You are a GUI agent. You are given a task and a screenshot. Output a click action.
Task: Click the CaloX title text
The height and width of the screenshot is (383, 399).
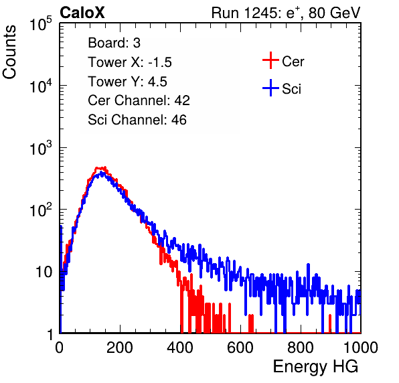pos(82,13)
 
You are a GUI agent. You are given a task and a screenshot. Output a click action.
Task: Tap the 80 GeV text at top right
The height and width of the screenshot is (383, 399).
pos(335,13)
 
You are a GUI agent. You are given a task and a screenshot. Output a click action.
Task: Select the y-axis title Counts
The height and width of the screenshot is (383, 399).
pos(9,52)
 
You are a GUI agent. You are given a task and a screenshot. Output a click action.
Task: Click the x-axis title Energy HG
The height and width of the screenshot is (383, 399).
pos(315,367)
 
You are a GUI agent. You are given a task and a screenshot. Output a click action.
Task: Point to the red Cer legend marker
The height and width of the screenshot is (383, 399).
pos(270,60)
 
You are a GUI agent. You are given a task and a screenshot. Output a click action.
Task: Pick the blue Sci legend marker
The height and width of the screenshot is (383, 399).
pos(270,88)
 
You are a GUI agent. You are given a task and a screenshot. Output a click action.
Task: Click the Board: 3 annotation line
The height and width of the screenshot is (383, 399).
pos(114,43)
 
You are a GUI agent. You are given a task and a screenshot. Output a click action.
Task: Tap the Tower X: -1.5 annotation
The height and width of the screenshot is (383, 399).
pos(130,62)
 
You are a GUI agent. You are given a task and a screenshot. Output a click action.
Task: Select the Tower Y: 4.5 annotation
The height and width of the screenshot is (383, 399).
pos(127,82)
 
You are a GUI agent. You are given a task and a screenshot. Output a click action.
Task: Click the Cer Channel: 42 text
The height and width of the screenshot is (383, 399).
pos(139,100)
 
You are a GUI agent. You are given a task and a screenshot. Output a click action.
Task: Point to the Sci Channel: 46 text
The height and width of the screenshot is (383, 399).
pos(137,120)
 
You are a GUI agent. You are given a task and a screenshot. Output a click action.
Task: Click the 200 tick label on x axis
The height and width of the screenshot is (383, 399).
pos(120,347)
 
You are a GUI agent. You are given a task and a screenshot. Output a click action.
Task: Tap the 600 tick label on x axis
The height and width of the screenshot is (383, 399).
pos(240,347)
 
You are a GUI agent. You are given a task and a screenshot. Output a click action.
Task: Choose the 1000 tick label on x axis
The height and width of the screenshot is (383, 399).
pos(361,347)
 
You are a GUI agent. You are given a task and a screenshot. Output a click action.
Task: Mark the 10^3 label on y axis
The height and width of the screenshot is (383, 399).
pos(41,148)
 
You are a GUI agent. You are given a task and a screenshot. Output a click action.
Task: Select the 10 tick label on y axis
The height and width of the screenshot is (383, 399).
pos(44,272)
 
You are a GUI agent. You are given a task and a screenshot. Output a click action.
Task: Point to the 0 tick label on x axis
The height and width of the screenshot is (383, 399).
pos(60,347)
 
